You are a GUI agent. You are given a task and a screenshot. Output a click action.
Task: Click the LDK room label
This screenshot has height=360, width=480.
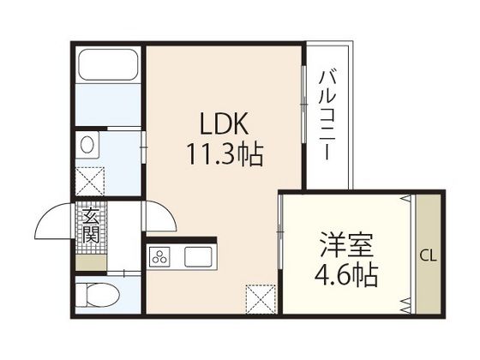coord(225,126)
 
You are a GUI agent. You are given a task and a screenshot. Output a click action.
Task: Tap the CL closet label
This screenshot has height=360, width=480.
coord(428,255)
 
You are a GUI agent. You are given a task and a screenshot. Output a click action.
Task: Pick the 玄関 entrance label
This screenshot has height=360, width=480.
coord(90,225)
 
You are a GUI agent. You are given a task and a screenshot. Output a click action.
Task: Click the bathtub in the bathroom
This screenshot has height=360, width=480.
coord(109,66)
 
